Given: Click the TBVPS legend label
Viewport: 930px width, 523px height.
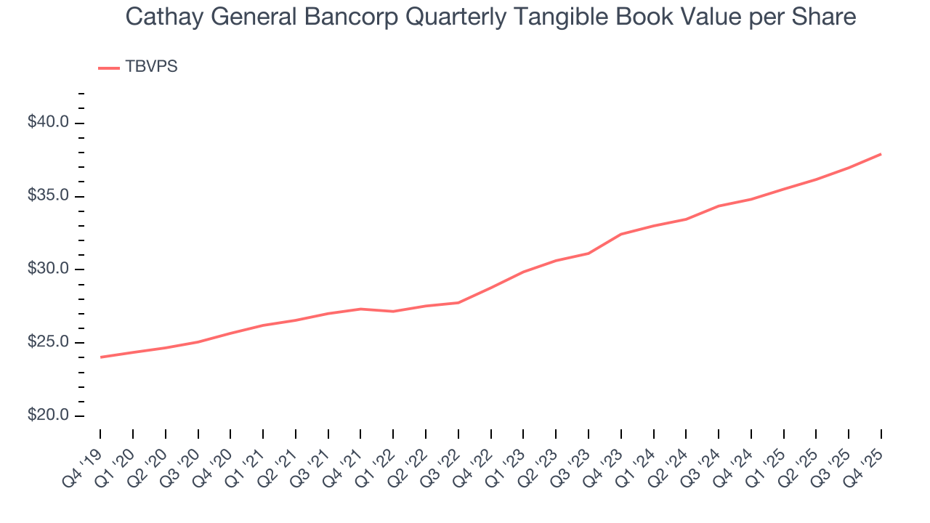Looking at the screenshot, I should [x=151, y=67].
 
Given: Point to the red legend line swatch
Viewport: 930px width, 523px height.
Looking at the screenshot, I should [x=108, y=68].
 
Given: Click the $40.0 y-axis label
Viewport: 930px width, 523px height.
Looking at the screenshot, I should [x=48, y=122].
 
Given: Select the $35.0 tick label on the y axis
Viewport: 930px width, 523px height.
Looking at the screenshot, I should [x=48, y=196].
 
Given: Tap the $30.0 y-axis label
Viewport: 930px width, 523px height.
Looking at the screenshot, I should [x=48, y=269].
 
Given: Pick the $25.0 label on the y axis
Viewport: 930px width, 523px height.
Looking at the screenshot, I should [x=48, y=343].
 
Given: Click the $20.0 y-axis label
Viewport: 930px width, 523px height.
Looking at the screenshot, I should [x=48, y=416].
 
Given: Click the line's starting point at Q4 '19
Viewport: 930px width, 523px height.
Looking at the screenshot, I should [x=101, y=357].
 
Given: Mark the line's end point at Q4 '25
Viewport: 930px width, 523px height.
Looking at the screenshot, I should [x=881, y=154].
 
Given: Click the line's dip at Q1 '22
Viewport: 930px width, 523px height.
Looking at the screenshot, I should [x=393, y=312].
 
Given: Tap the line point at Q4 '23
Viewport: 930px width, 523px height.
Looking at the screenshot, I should [x=621, y=234].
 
